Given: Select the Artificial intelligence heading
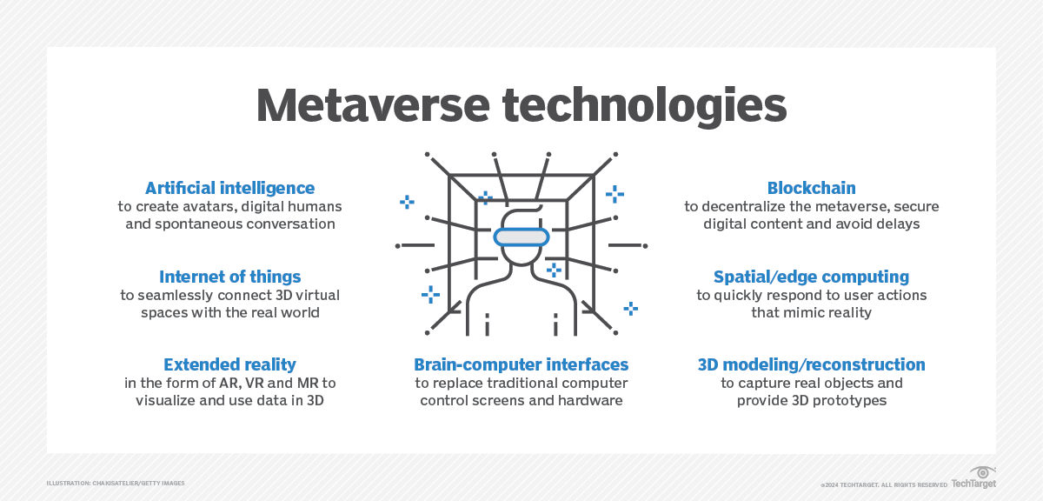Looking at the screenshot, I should click(229, 188).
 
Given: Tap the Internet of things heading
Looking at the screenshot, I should click(229, 277).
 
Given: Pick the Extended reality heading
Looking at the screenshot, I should click(229, 364).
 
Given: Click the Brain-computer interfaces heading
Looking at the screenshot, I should click(521, 364).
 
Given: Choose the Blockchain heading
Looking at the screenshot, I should click(811, 188).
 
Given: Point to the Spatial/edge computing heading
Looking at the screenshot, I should click(811, 277).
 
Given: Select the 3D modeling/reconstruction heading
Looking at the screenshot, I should click(811, 364).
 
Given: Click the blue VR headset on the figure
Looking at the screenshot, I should click(521, 236).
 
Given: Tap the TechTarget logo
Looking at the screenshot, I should click(973, 481).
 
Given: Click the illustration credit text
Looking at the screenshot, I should click(116, 484).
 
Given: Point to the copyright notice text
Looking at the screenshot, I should click(883, 484).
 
